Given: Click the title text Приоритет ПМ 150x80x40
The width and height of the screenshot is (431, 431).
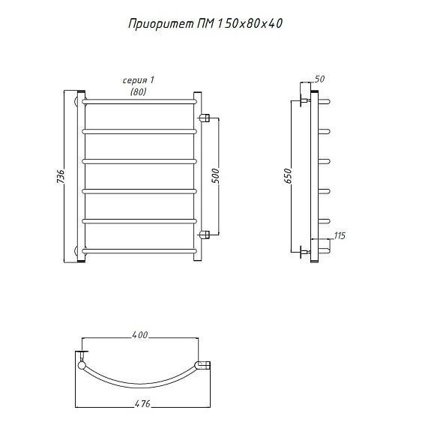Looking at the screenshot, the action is pyautogui.click(x=205, y=24).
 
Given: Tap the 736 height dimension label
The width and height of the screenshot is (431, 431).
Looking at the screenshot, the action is pyautogui.click(x=60, y=176).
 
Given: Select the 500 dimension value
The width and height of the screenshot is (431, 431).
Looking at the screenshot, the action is pyautogui.click(x=216, y=176).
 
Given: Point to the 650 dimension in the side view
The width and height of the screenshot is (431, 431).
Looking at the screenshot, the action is pyautogui.click(x=288, y=176).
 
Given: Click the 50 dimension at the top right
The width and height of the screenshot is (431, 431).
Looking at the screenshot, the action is pyautogui.click(x=319, y=79).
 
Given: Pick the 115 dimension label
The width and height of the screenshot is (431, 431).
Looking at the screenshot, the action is pyautogui.click(x=340, y=236).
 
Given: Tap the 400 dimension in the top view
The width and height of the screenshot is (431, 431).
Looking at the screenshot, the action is pyautogui.click(x=140, y=335).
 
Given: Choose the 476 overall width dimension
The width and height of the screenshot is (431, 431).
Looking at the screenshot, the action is pyautogui.click(x=142, y=403).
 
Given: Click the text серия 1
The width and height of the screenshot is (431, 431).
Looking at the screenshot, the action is pyautogui.click(x=138, y=80).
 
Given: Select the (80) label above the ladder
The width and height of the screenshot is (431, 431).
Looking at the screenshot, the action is pyautogui.click(x=138, y=91).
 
